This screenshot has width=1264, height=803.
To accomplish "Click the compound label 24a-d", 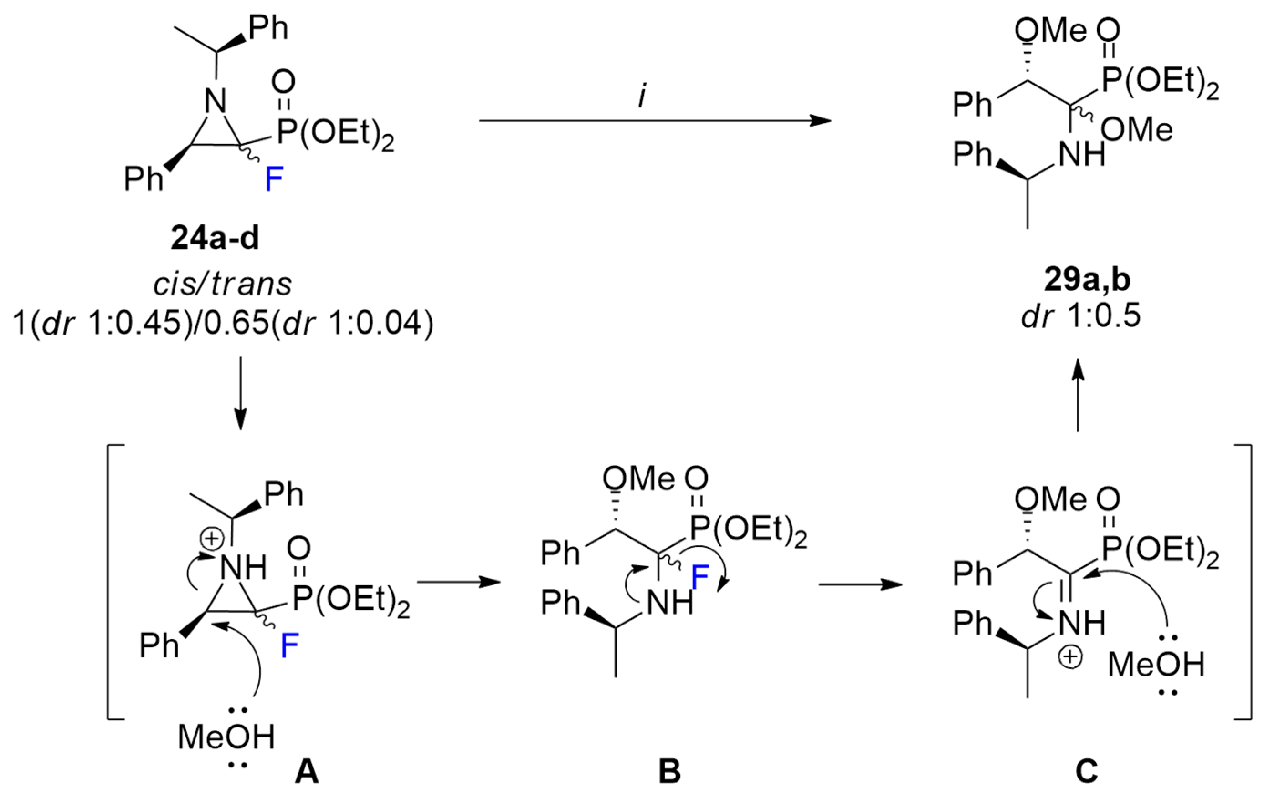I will (215, 240).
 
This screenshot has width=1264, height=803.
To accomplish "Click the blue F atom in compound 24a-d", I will (274, 180).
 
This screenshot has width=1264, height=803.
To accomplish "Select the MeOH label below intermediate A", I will (226, 737).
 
